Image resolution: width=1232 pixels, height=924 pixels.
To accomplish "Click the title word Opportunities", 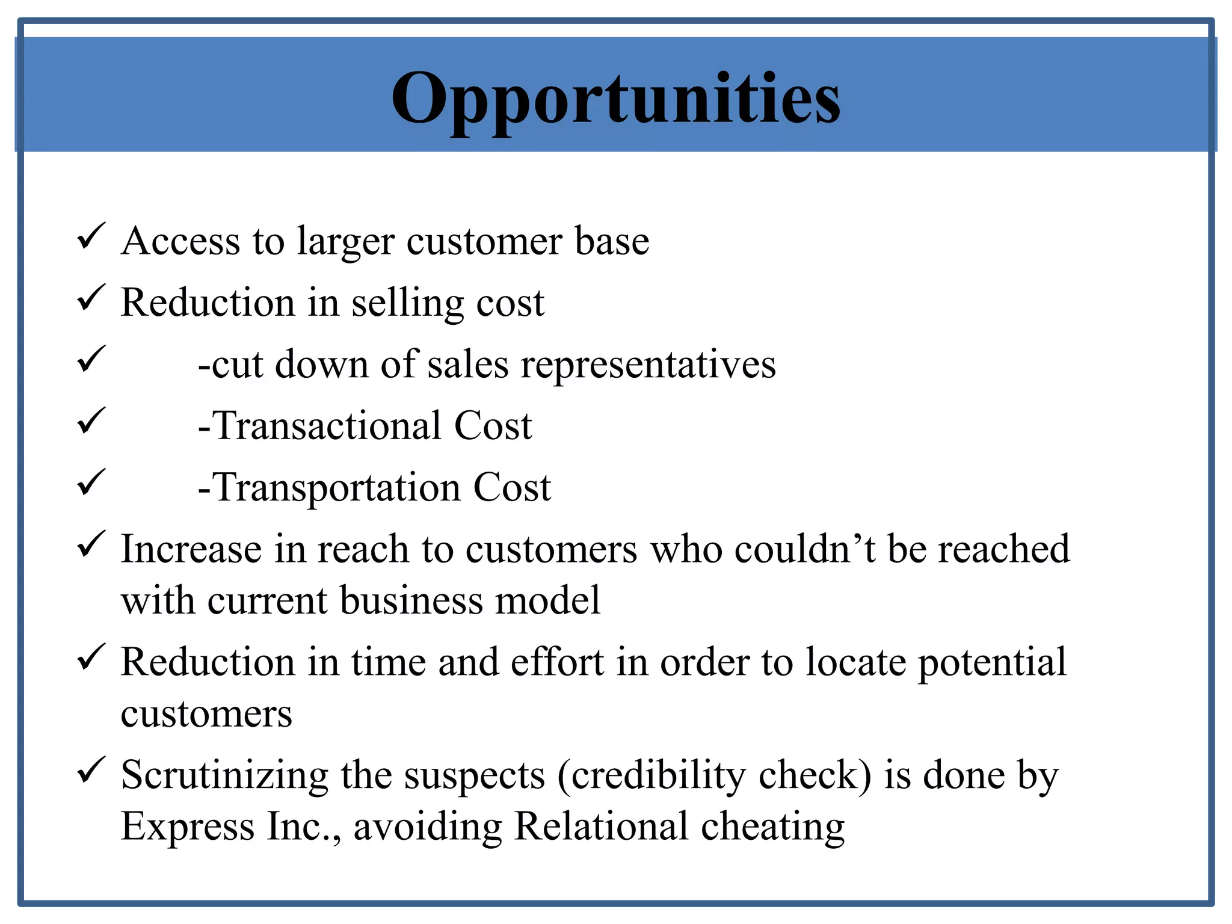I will pos(615,99).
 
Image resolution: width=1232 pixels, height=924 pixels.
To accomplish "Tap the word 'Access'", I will pos(180,241).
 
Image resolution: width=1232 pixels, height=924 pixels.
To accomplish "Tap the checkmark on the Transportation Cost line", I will pos(91,482).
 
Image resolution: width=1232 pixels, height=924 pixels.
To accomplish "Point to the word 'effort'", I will pos(557,662).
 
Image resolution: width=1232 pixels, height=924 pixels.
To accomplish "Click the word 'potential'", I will pos(992,662).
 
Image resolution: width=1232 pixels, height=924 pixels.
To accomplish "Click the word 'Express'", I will pos(188,827).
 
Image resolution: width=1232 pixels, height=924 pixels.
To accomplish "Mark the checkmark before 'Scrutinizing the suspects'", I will pos(91,770).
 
